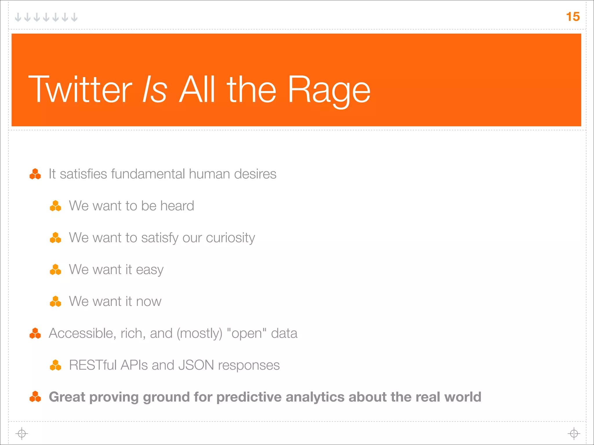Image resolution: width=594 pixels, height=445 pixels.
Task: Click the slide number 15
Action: (573, 17)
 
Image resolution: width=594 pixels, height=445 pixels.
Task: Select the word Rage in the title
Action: (329, 90)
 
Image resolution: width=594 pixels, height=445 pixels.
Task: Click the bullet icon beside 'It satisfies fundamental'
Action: (35, 174)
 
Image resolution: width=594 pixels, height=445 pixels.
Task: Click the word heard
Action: (177, 206)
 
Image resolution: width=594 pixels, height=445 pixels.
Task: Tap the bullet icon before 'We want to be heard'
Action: (55, 206)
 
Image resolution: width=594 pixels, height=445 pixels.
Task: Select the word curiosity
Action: (230, 238)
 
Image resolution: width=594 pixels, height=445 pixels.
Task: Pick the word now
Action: (148, 302)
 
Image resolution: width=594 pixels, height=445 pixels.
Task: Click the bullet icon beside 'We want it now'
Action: (55, 302)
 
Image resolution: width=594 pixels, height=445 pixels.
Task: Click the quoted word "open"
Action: (247, 333)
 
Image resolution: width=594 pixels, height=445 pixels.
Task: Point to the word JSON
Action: (196, 365)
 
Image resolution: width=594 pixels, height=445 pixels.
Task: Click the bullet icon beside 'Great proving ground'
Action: (35, 397)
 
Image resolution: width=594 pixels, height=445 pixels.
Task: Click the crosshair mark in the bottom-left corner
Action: (22, 434)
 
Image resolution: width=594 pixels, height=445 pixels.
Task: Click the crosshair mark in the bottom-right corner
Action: (574, 434)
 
